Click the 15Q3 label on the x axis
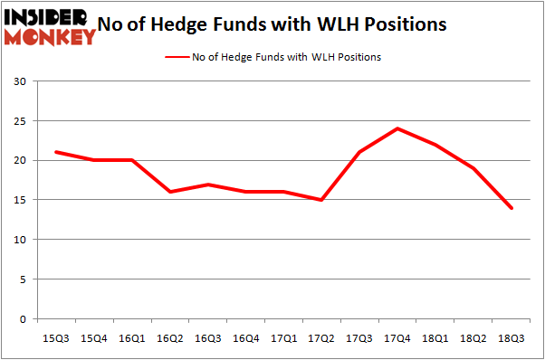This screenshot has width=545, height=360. click(57, 337)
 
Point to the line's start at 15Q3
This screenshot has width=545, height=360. click(57, 152)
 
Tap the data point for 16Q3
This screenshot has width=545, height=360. click(207, 185)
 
